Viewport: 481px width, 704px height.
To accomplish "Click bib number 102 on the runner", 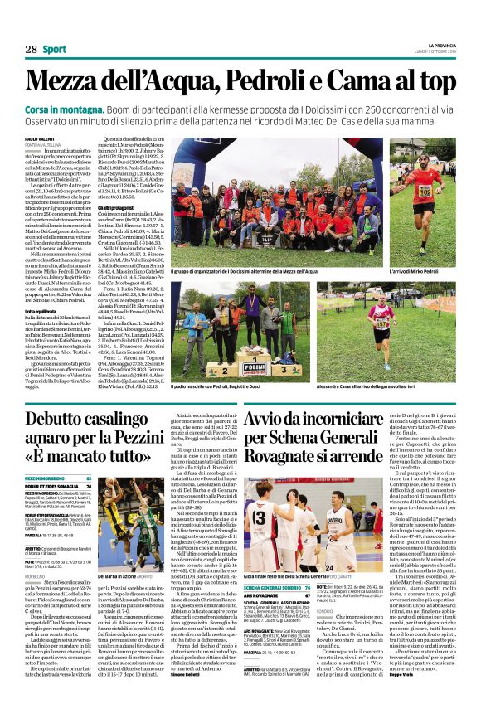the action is [x=424, y=192].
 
